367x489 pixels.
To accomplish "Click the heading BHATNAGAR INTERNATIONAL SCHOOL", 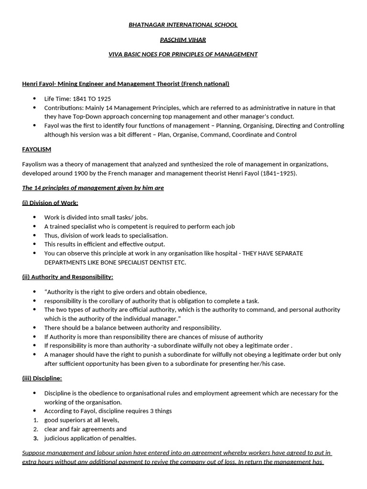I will (x=183, y=25).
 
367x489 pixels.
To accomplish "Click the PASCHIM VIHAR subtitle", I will (x=183, y=40).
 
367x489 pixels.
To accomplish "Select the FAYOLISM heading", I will (x=36, y=149).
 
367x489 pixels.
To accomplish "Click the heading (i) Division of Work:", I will (x=50, y=202).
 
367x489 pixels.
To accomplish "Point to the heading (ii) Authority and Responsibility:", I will (x=67, y=277).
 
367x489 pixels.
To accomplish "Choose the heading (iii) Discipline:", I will (x=42, y=379).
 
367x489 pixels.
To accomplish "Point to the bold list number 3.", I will (x=35, y=438).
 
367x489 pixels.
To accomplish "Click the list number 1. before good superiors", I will (x=35, y=420).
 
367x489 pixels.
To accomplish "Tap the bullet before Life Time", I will (x=34, y=99).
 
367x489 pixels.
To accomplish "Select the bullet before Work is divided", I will (x=34, y=217).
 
